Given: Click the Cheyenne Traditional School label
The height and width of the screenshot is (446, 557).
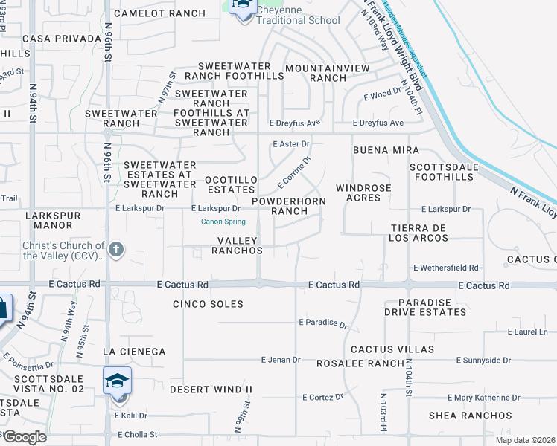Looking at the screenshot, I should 298,15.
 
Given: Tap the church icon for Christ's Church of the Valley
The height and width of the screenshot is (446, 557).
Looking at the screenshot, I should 115,250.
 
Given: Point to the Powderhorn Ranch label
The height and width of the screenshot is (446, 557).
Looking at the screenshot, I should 289,207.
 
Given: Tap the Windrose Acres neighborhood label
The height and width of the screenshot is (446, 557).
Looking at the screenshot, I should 363,193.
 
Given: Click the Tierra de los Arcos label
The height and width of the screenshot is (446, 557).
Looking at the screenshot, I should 420,233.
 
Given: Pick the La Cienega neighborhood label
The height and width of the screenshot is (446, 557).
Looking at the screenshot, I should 134,351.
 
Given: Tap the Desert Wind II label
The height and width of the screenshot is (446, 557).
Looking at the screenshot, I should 211,390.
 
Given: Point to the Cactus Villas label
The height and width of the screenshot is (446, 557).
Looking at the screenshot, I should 392,349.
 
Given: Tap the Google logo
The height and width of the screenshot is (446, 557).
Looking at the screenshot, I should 25,437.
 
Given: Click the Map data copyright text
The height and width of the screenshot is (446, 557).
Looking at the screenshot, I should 526,440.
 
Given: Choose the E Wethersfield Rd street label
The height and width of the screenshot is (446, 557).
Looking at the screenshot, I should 446,268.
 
